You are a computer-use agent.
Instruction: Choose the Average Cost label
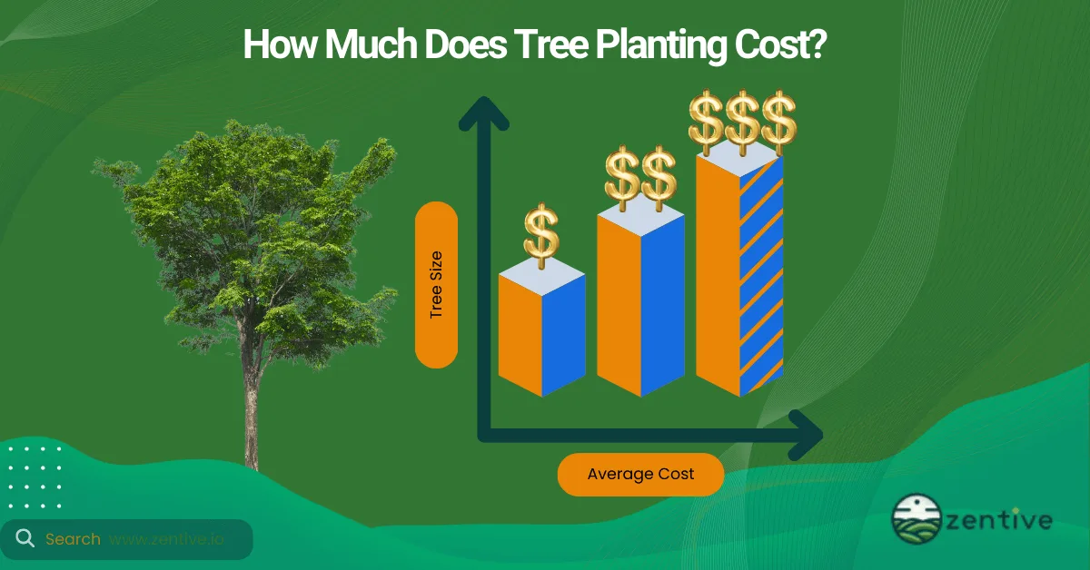[x=640, y=474]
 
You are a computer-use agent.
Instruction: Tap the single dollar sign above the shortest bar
[x=541, y=234]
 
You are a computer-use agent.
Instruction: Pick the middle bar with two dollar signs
[x=640, y=304]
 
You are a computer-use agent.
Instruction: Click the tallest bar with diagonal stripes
[x=739, y=272]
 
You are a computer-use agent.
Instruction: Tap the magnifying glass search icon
[x=25, y=539]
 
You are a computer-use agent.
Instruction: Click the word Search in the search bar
[x=73, y=539]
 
